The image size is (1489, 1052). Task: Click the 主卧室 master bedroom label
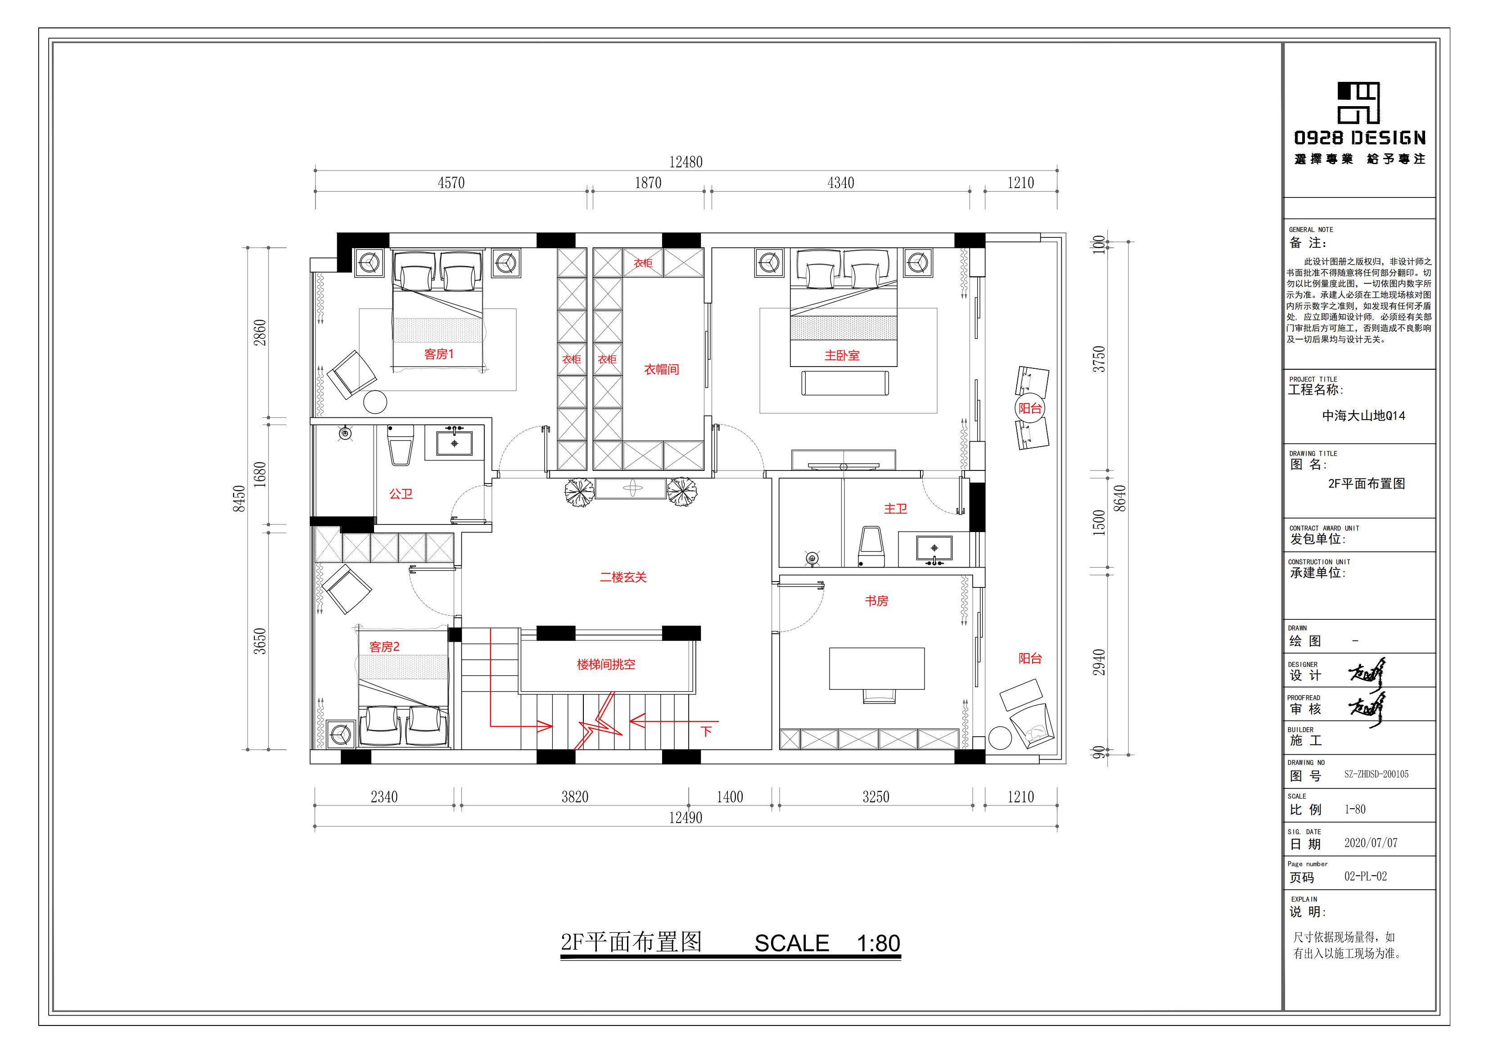842,355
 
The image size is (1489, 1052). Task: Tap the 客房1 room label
439,354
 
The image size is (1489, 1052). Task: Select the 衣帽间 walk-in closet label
662,369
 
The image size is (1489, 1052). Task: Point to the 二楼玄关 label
623,577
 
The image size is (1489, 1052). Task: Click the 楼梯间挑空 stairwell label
606,664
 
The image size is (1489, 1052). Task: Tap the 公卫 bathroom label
401,494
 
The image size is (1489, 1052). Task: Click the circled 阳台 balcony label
1030,408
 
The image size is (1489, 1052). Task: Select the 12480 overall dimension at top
686,162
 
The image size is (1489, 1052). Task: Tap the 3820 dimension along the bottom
575,797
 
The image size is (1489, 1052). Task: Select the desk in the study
877,668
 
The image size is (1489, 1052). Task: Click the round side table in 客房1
375,402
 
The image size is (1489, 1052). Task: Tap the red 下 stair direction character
706,731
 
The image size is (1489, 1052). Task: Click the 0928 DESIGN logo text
1360,138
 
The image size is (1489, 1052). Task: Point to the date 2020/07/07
1371,843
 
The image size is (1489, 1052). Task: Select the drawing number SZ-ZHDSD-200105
1376,774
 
